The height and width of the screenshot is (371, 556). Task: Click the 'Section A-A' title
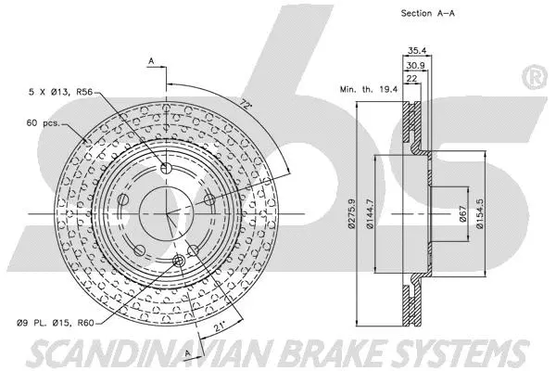click(x=408, y=14)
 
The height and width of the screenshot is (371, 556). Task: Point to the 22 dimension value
click(x=411, y=81)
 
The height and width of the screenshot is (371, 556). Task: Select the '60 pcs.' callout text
click(x=44, y=122)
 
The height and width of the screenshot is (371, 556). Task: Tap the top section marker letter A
click(x=150, y=61)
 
